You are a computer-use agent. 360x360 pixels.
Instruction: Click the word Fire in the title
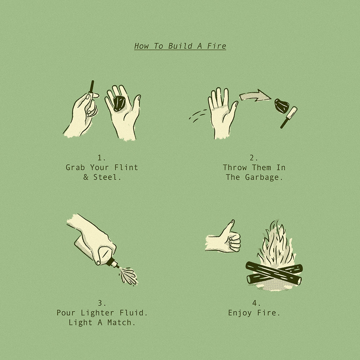[x=216, y=46]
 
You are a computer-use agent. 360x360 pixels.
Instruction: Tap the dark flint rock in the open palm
[x=119, y=103]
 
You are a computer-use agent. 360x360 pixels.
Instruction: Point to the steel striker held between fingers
[x=91, y=89]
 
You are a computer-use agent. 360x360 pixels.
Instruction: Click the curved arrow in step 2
[x=255, y=95]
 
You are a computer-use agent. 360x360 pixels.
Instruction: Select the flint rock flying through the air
[x=282, y=106]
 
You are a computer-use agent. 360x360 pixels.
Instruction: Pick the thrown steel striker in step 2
[x=289, y=117]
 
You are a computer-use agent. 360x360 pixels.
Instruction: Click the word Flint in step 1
[x=126, y=167]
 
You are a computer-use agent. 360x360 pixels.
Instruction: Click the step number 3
[x=100, y=303]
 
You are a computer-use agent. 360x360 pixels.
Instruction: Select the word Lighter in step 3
[x=97, y=313]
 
